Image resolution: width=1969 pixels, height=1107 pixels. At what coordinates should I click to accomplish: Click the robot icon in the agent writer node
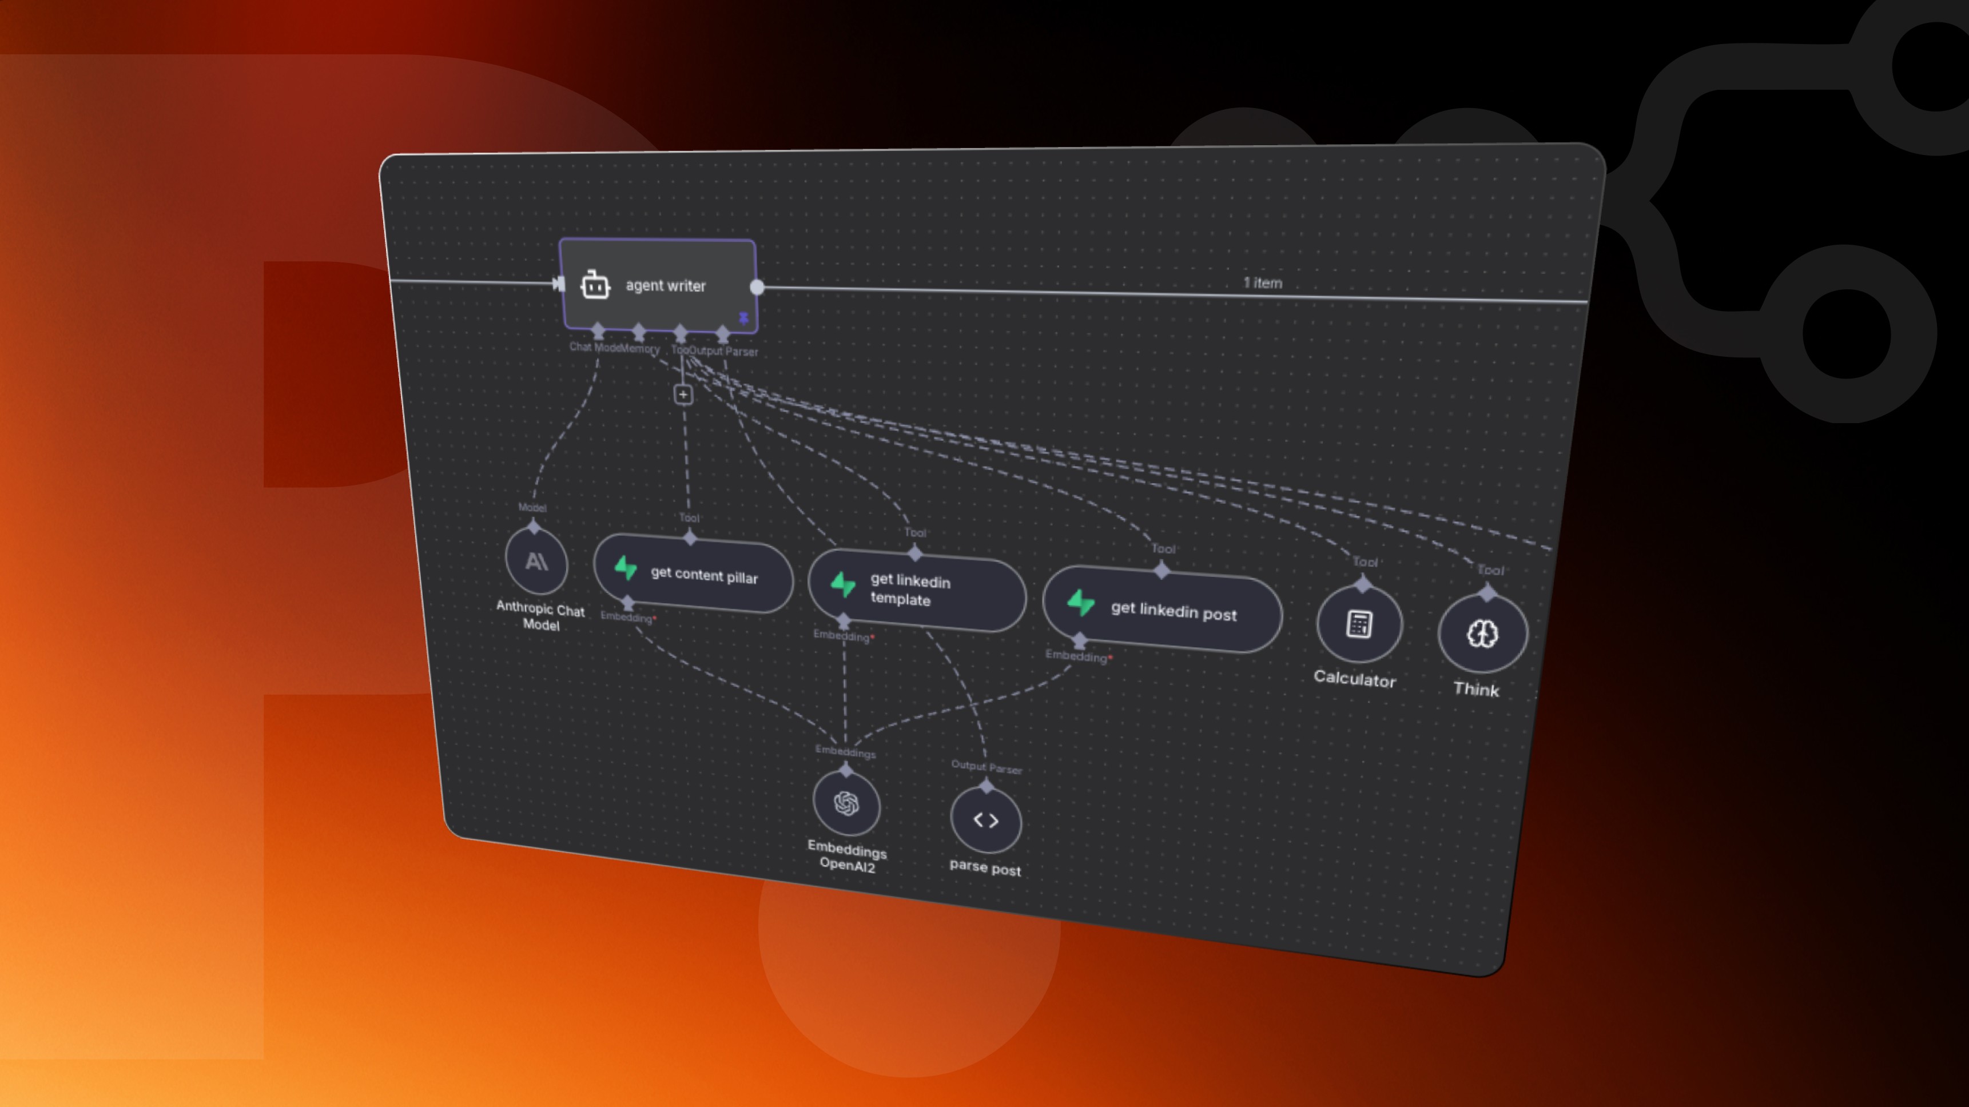tap(595, 285)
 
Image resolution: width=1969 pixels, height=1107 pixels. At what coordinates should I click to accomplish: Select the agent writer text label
tap(665, 285)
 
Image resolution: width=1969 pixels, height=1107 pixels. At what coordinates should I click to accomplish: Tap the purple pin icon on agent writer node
tap(743, 317)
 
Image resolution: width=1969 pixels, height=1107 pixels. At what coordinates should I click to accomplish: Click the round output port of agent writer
tap(757, 288)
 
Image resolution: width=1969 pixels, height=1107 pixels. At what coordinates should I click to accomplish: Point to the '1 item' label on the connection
tap(1263, 283)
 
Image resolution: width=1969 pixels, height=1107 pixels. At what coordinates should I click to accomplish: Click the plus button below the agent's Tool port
tap(683, 395)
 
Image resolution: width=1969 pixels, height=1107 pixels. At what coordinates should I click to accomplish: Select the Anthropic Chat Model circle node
tap(536, 562)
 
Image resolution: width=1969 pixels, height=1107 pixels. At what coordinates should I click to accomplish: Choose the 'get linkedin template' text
tap(910, 590)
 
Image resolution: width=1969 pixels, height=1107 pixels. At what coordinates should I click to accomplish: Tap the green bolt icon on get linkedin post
tap(1081, 603)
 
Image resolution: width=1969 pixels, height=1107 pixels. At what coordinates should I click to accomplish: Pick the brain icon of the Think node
tap(1482, 634)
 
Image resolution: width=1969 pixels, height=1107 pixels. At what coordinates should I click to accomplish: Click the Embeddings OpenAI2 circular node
tap(846, 803)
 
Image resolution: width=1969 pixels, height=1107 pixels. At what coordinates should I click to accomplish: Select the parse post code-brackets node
tap(985, 821)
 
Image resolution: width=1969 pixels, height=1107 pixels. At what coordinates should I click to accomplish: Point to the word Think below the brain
tap(1476, 689)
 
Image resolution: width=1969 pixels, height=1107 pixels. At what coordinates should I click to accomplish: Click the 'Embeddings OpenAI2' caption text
tap(847, 857)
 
